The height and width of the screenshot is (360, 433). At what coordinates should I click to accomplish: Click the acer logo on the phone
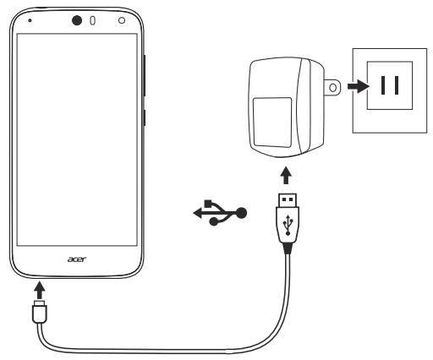(x=77, y=259)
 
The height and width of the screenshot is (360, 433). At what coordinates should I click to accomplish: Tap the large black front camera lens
(x=77, y=20)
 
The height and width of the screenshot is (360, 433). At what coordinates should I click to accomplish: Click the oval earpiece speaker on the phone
(x=92, y=21)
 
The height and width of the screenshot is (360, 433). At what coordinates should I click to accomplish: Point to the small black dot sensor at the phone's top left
(x=30, y=20)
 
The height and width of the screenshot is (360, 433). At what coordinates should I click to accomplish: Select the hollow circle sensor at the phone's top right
(x=122, y=20)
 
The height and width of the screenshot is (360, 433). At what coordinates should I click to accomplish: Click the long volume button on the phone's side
(x=145, y=75)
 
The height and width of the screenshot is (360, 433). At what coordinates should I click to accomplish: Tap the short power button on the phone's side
(x=145, y=117)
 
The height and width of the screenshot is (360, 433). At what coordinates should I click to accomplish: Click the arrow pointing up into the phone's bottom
(x=40, y=290)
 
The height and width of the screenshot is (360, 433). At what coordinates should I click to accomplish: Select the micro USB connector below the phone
(x=40, y=312)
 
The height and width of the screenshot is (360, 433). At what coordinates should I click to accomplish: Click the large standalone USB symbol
(x=220, y=212)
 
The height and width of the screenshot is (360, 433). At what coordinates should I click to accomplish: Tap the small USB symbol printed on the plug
(x=288, y=225)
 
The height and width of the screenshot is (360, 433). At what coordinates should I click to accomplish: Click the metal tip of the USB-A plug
(x=288, y=199)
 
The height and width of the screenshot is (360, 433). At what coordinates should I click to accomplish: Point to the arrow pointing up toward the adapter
(x=286, y=176)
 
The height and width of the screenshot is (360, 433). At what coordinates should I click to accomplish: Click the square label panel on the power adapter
(x=272, y=123)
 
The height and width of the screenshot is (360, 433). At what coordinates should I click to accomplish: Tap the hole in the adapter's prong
(x=333, y=88)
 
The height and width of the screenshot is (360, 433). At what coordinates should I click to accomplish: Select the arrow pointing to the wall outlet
(x=359, y=86)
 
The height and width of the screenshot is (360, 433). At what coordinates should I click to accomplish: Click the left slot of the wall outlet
(x=383, y=85)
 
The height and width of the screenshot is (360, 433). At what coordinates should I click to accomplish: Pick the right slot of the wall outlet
(x=397, y=85)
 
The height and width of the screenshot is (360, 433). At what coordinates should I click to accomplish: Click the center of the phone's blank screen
(x=77, y=139)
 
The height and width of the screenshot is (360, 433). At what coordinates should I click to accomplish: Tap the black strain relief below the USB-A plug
(x=288, y=248)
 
